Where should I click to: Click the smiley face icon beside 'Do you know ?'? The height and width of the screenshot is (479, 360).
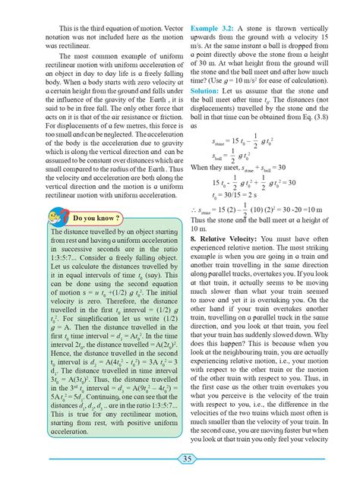[x=65, y=217]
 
